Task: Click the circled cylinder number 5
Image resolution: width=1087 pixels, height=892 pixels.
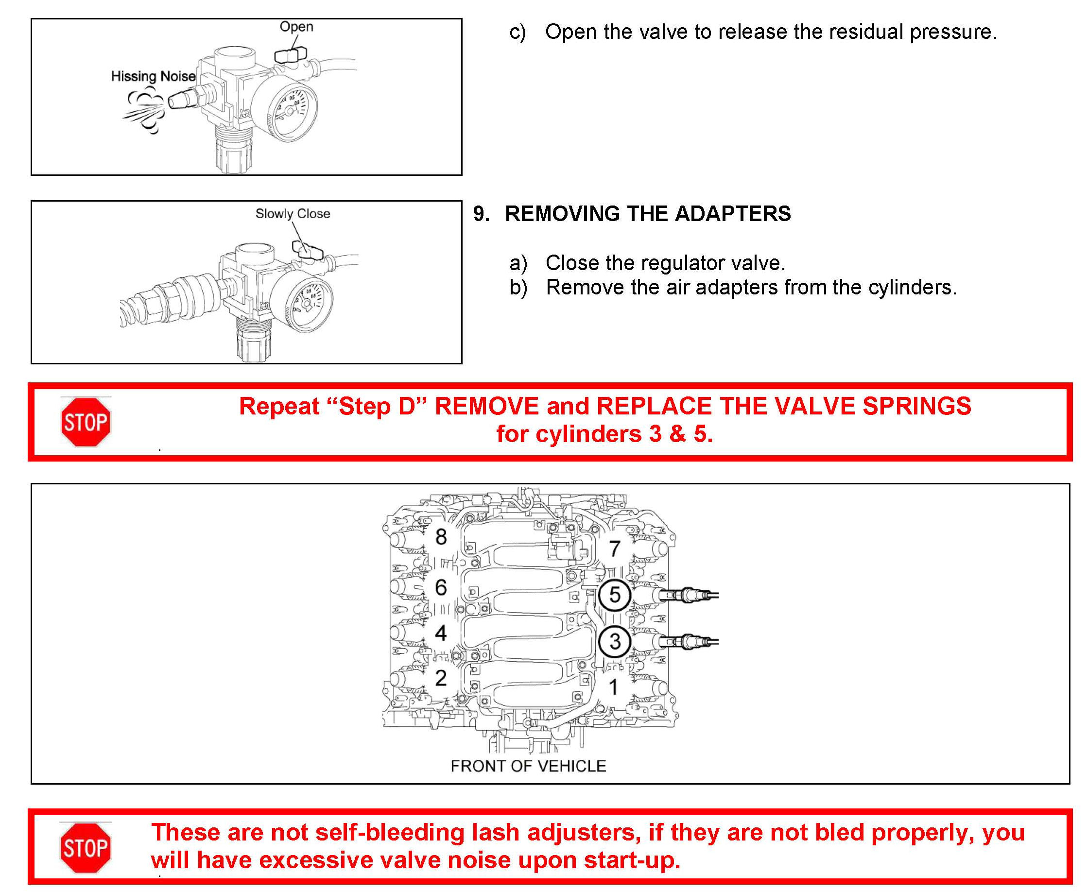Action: tap(615, 595)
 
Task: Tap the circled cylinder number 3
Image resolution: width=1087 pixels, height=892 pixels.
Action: tap(615, 641)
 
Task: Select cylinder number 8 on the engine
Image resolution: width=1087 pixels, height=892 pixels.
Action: tap(441, 537)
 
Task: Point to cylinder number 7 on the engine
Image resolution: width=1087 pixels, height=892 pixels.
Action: tap(615, 549)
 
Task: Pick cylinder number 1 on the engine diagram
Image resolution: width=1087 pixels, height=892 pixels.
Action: tap(613, 687)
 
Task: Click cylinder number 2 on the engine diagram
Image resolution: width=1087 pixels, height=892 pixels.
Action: tap(440, 678)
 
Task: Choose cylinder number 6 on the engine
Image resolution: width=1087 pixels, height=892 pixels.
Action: tap(440, 587)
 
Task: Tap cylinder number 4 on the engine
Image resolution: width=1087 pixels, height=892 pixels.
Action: tap(440, 633)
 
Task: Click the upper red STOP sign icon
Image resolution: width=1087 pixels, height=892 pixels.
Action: tap(86, 422)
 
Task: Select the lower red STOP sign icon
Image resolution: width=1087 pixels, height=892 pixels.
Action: tap(86, 848)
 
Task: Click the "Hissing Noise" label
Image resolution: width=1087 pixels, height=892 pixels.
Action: tap(153, 77)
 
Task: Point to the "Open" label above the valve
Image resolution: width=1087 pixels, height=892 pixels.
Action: tap(296, 27)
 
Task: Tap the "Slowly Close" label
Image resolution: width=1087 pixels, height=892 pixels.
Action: tap(293, 214)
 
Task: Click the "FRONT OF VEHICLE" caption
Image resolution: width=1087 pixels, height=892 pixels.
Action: tap(528, 766)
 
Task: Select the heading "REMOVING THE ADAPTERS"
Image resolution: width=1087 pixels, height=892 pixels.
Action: tap(648, 214)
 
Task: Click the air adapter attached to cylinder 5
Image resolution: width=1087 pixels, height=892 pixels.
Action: tap(686, 596)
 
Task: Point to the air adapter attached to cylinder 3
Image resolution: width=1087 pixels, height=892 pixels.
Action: tap(686, 642)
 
